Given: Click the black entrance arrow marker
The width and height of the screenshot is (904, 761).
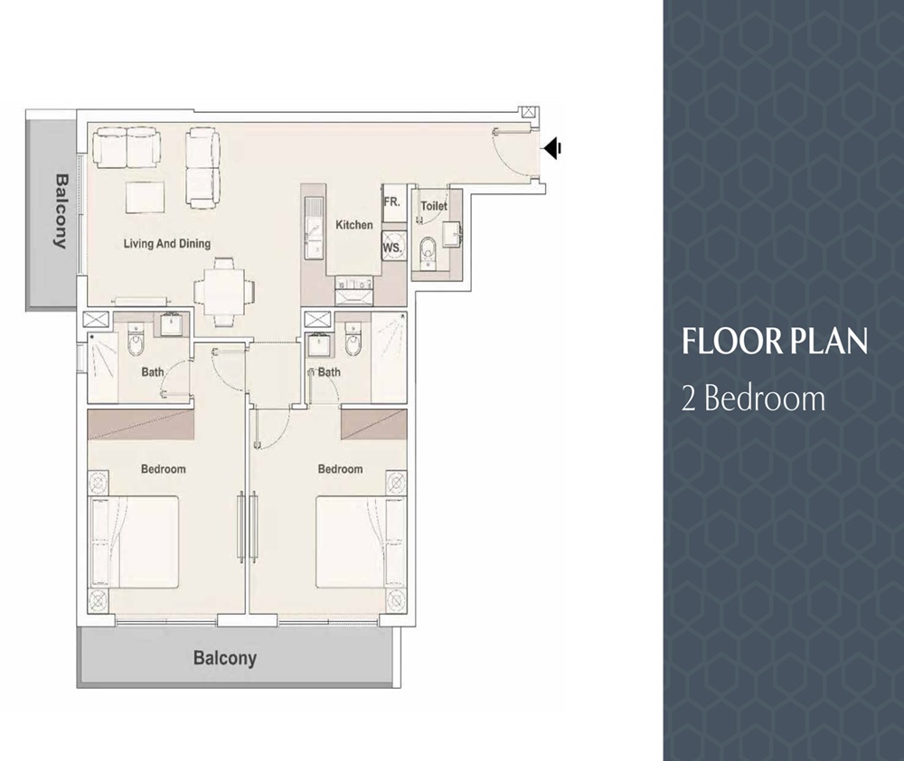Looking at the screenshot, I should point(553,148).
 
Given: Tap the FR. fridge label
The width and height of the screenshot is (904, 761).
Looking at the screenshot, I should point(391,202).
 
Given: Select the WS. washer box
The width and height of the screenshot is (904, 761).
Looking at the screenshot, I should point(392,246).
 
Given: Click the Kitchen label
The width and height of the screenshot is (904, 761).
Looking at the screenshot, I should point(353,224).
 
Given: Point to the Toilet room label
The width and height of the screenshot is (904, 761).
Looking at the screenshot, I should point(434,206).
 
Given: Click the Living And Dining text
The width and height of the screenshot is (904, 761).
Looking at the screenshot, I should point(167,243).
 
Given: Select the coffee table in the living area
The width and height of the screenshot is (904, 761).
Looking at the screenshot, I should point(145,195).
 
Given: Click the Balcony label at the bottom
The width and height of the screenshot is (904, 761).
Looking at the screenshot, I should point(225,658).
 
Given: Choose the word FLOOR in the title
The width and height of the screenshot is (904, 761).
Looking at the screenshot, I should point(720,342).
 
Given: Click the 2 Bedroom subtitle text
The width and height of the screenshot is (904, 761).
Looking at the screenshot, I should point(753,398).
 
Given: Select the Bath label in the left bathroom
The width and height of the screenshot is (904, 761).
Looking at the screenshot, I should point(153,371).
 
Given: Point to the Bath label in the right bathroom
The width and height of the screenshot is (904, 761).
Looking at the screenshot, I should point(329,371).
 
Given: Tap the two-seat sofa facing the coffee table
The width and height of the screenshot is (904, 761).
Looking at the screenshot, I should point(126,147).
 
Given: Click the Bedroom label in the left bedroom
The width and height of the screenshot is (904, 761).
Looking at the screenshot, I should point(163,469).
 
